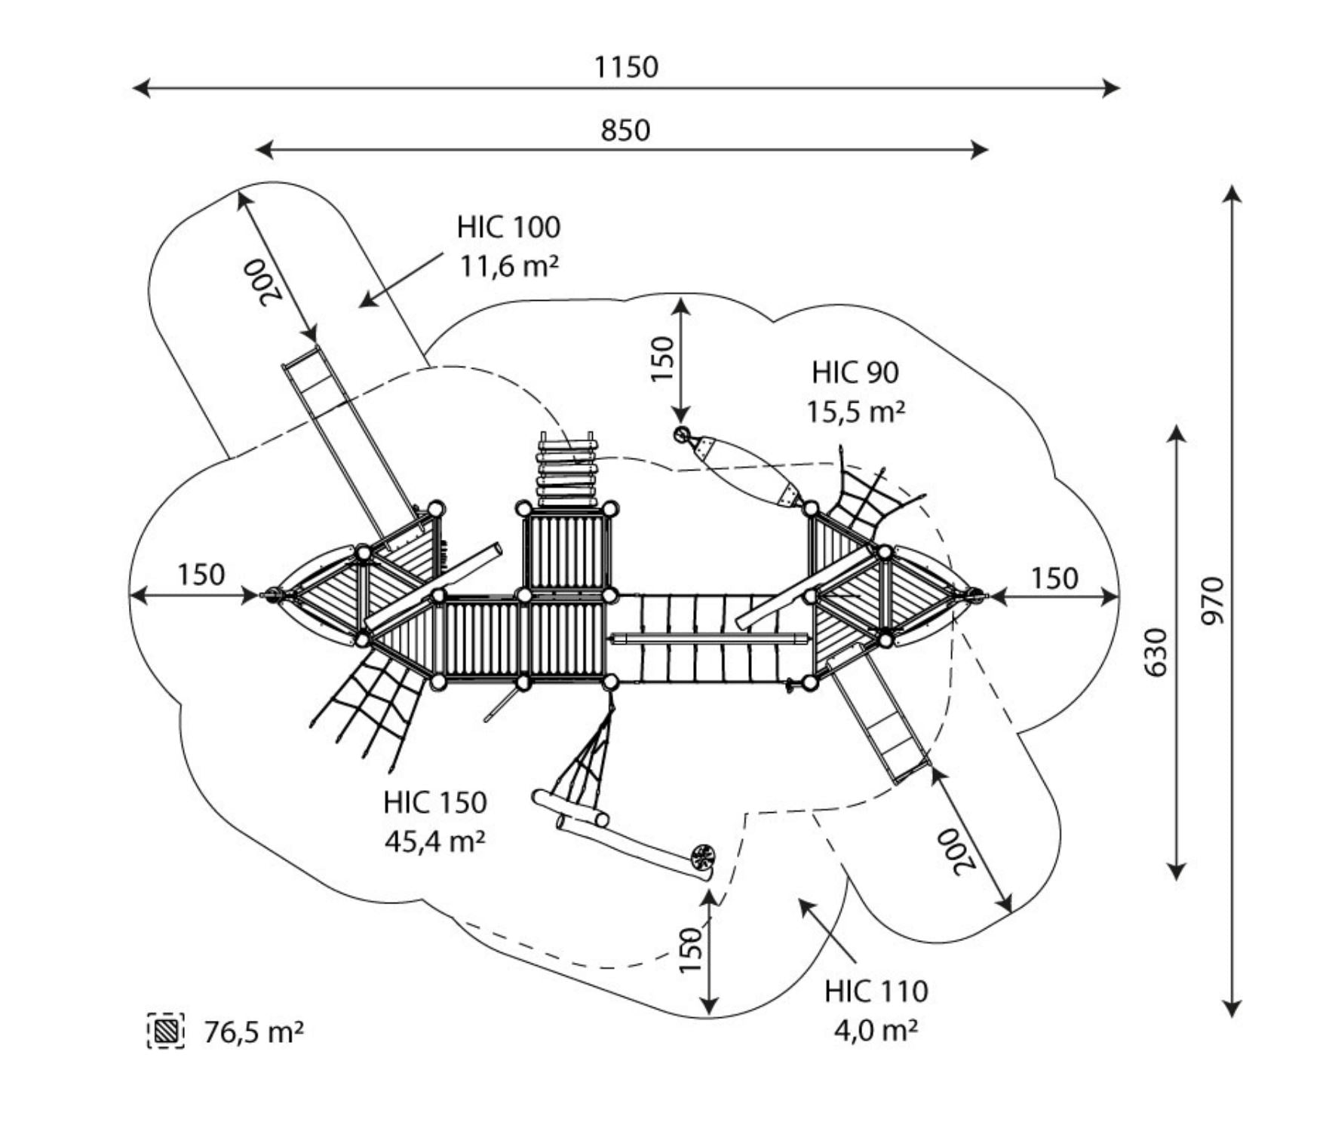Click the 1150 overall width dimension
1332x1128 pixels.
(626, 67)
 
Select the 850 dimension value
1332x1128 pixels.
(625, 130)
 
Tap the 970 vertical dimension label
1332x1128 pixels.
(1214, 601)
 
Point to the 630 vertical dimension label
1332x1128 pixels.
(1156, 652)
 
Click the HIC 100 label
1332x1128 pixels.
(508, 227)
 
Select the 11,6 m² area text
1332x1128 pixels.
(510, 266)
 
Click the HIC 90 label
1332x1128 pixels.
(855, 372)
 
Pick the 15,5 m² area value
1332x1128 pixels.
(856, 412)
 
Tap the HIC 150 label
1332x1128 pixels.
(434, 802)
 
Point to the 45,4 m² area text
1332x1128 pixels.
(435, 841)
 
